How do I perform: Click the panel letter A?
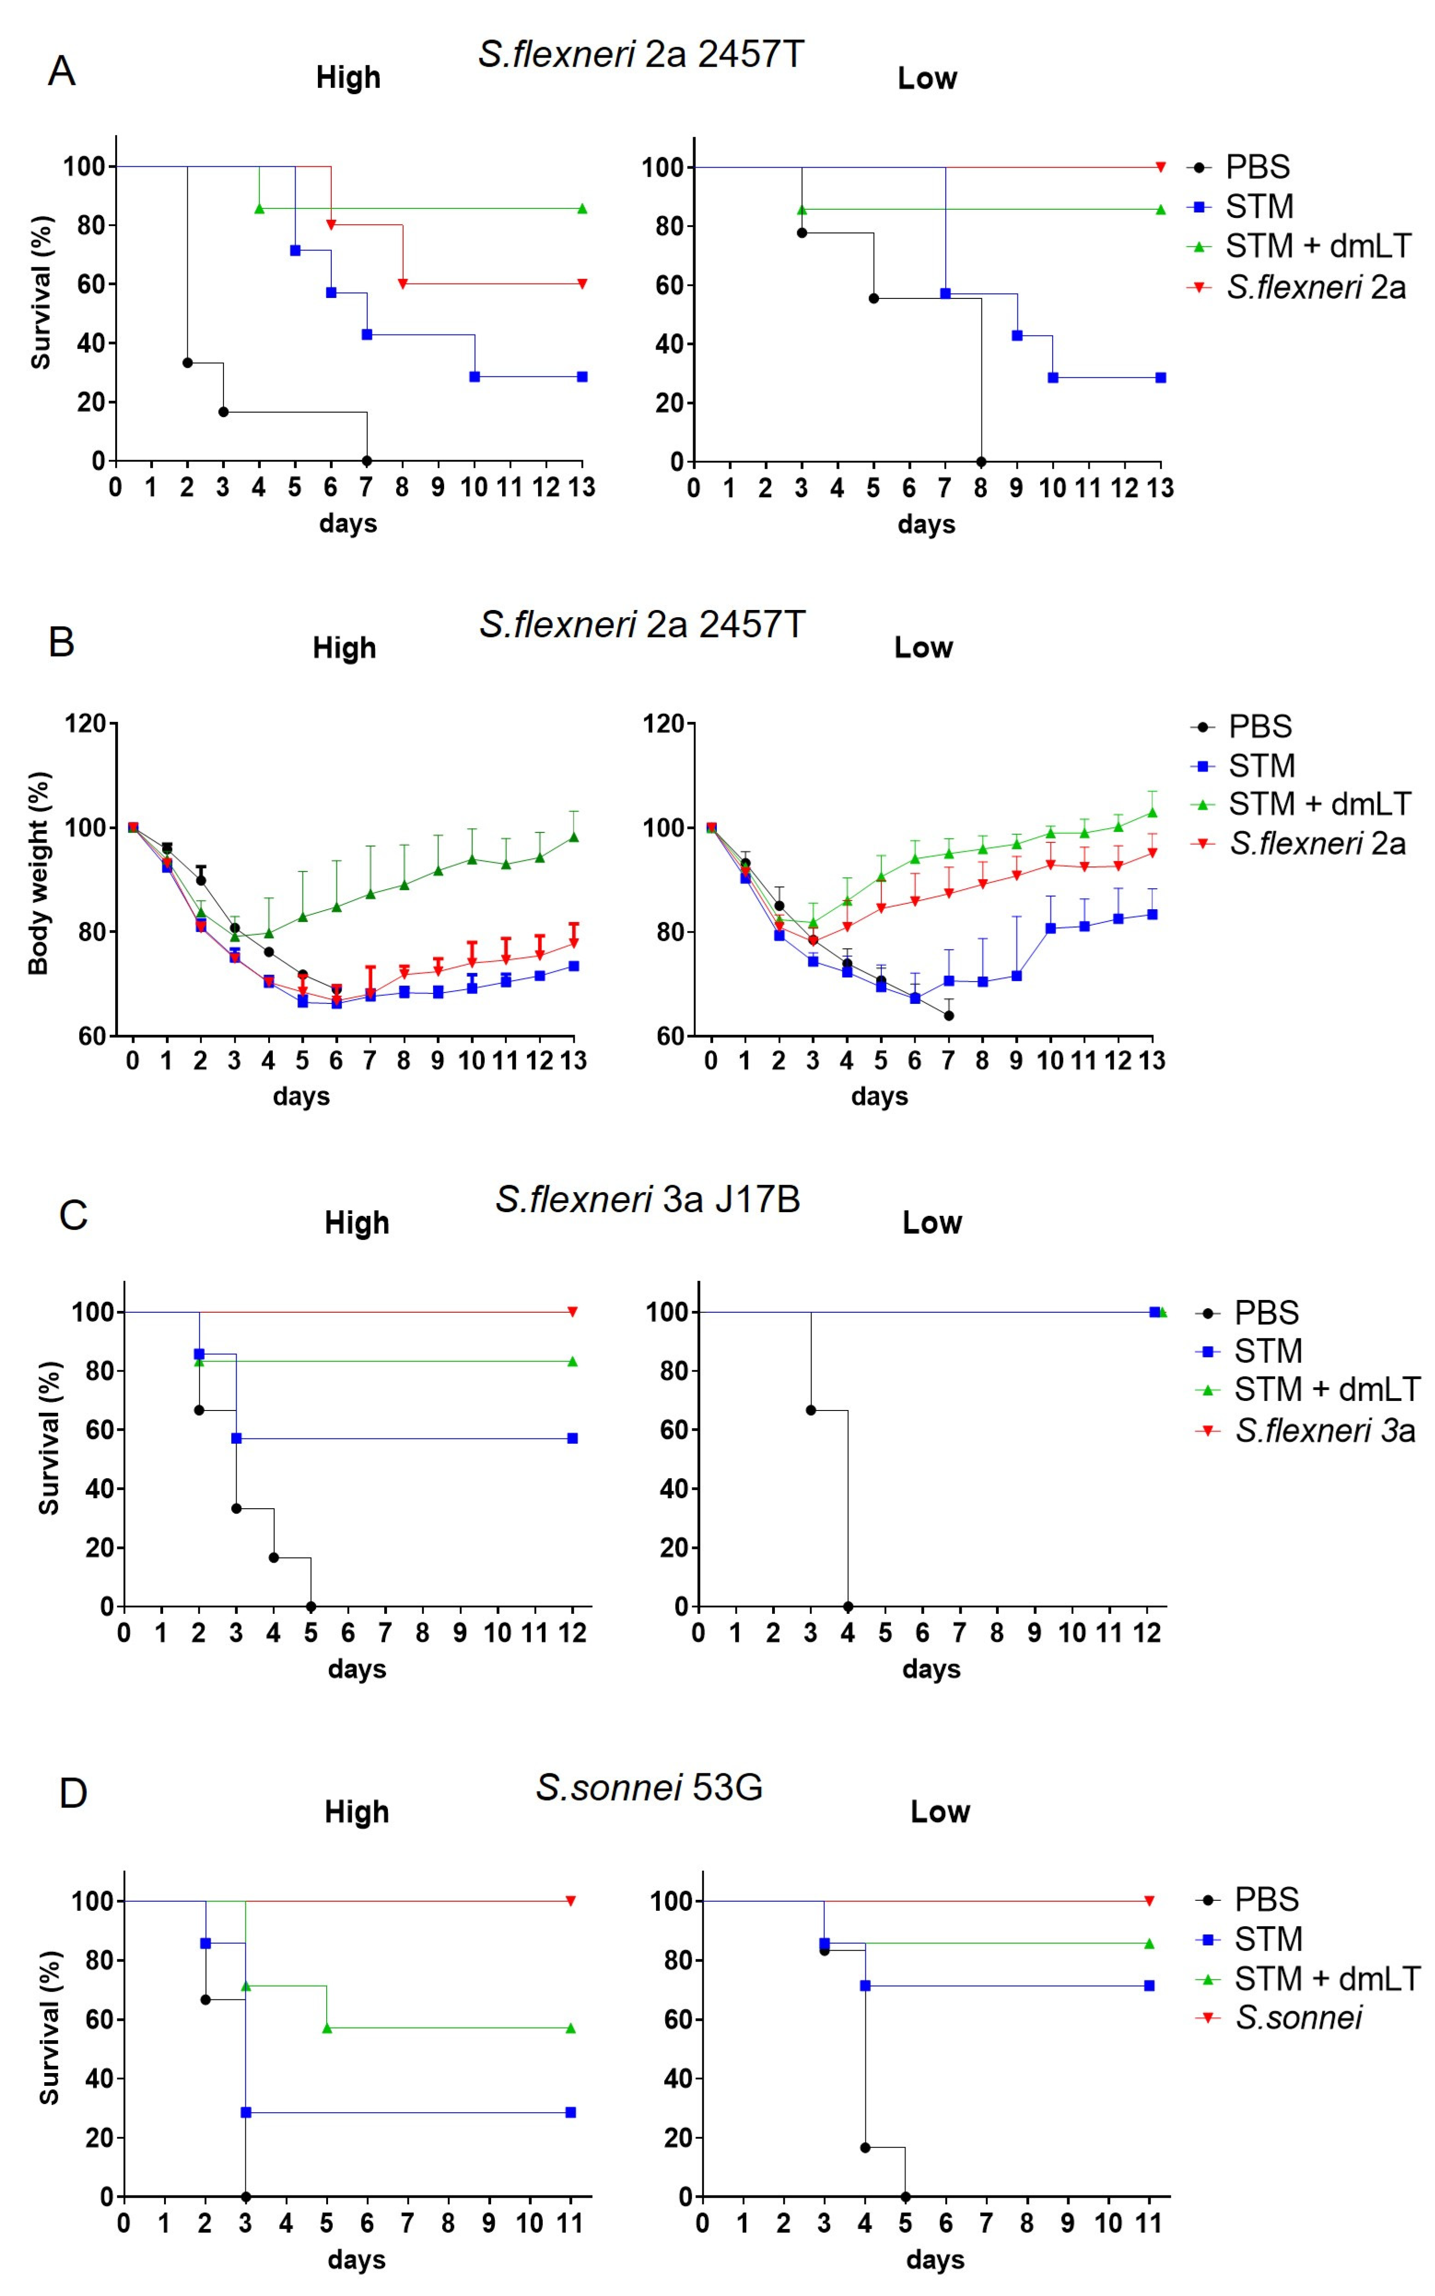pyautogui.click(x=62, y=71)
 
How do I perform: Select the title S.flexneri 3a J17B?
pyautogui.click(x=647, y=1199)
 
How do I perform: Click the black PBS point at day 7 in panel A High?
pyautogui.click(x=366, y=461)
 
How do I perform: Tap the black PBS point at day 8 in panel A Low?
pyautogui.click(x=980, y=462)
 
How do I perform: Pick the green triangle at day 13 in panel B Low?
pyautogui.click(x=1152, y=812)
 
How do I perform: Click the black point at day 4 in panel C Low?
pyautogui.click(x=847, y=1607)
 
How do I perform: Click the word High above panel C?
pyautogui.click(x=357, y=1223)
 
